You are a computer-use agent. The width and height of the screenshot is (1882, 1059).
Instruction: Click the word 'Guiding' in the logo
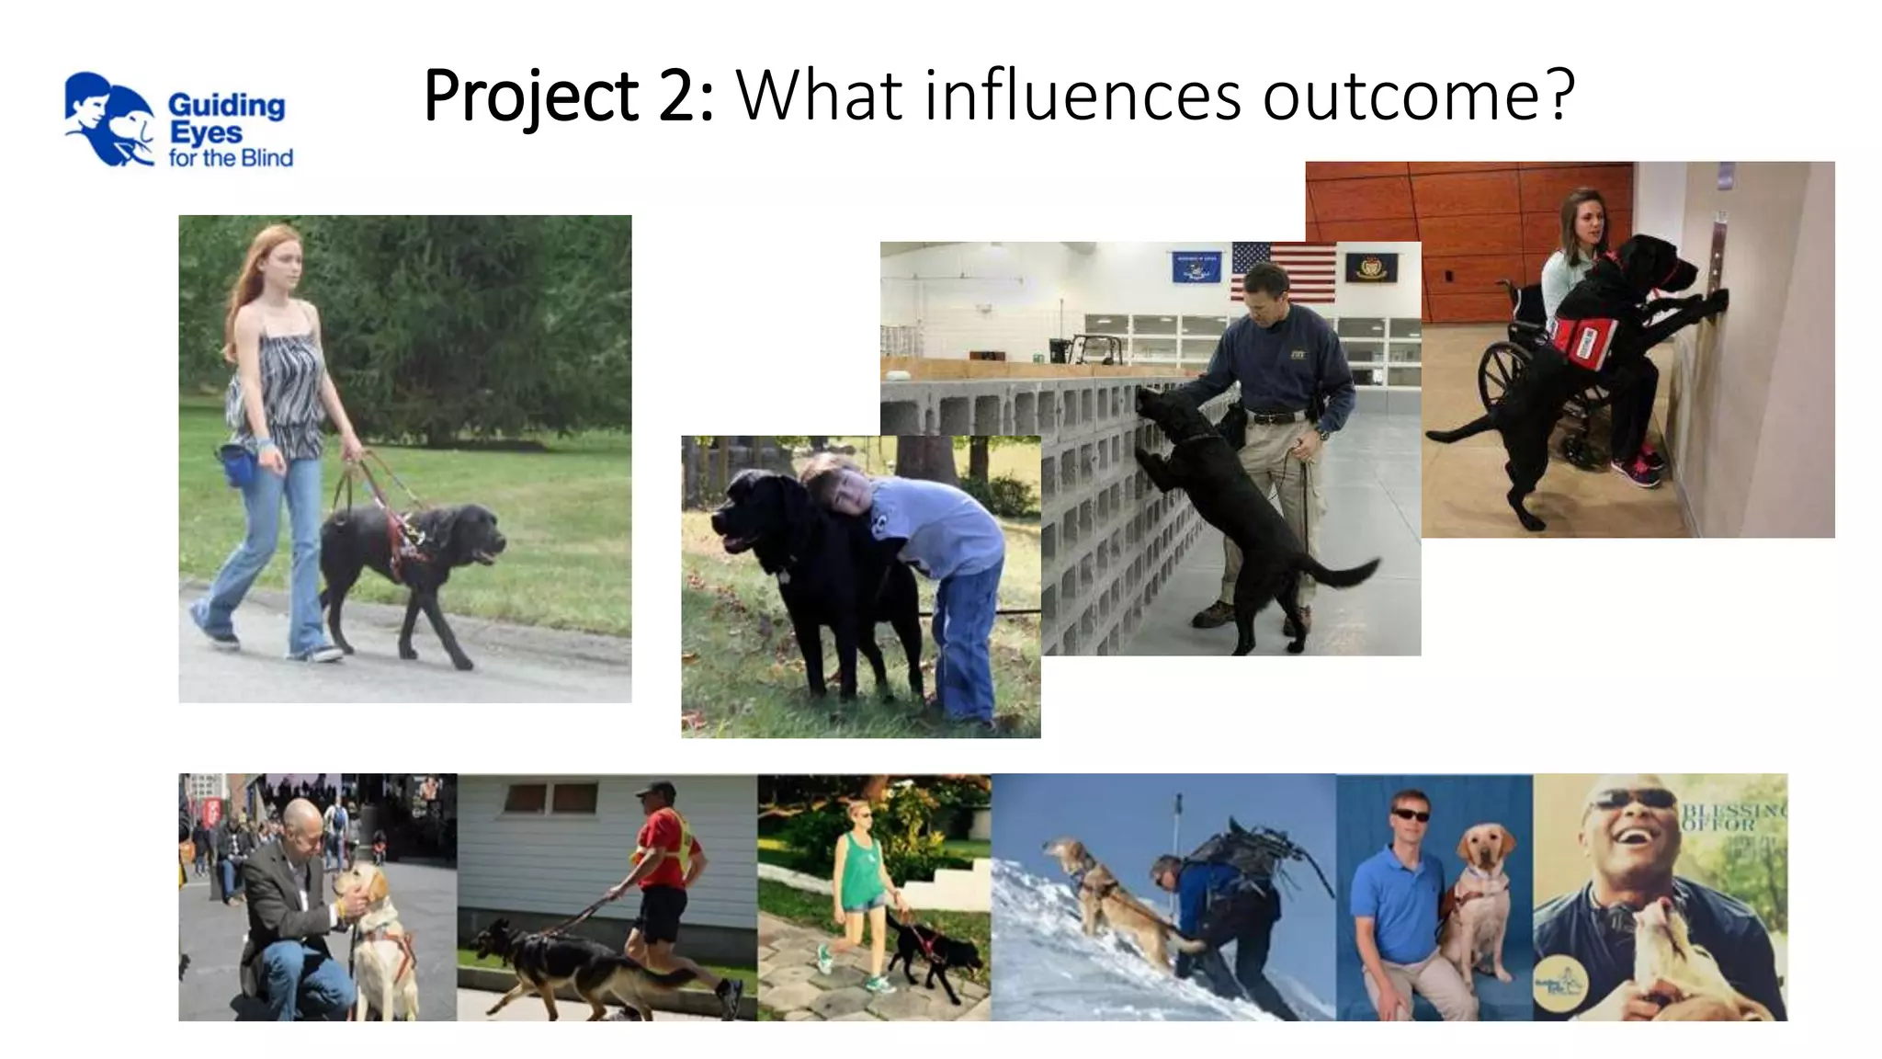point(226,106)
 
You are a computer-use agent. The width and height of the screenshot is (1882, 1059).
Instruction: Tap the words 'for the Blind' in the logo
point(231,158)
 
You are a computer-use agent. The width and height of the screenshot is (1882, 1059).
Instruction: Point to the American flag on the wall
point(1283,272)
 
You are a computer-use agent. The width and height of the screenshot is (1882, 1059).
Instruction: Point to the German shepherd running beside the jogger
point(570,965)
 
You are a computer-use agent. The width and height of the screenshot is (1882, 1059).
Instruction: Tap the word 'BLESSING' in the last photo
point(1733,810)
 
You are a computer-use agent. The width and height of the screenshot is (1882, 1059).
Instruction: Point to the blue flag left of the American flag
point(1196,267)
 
